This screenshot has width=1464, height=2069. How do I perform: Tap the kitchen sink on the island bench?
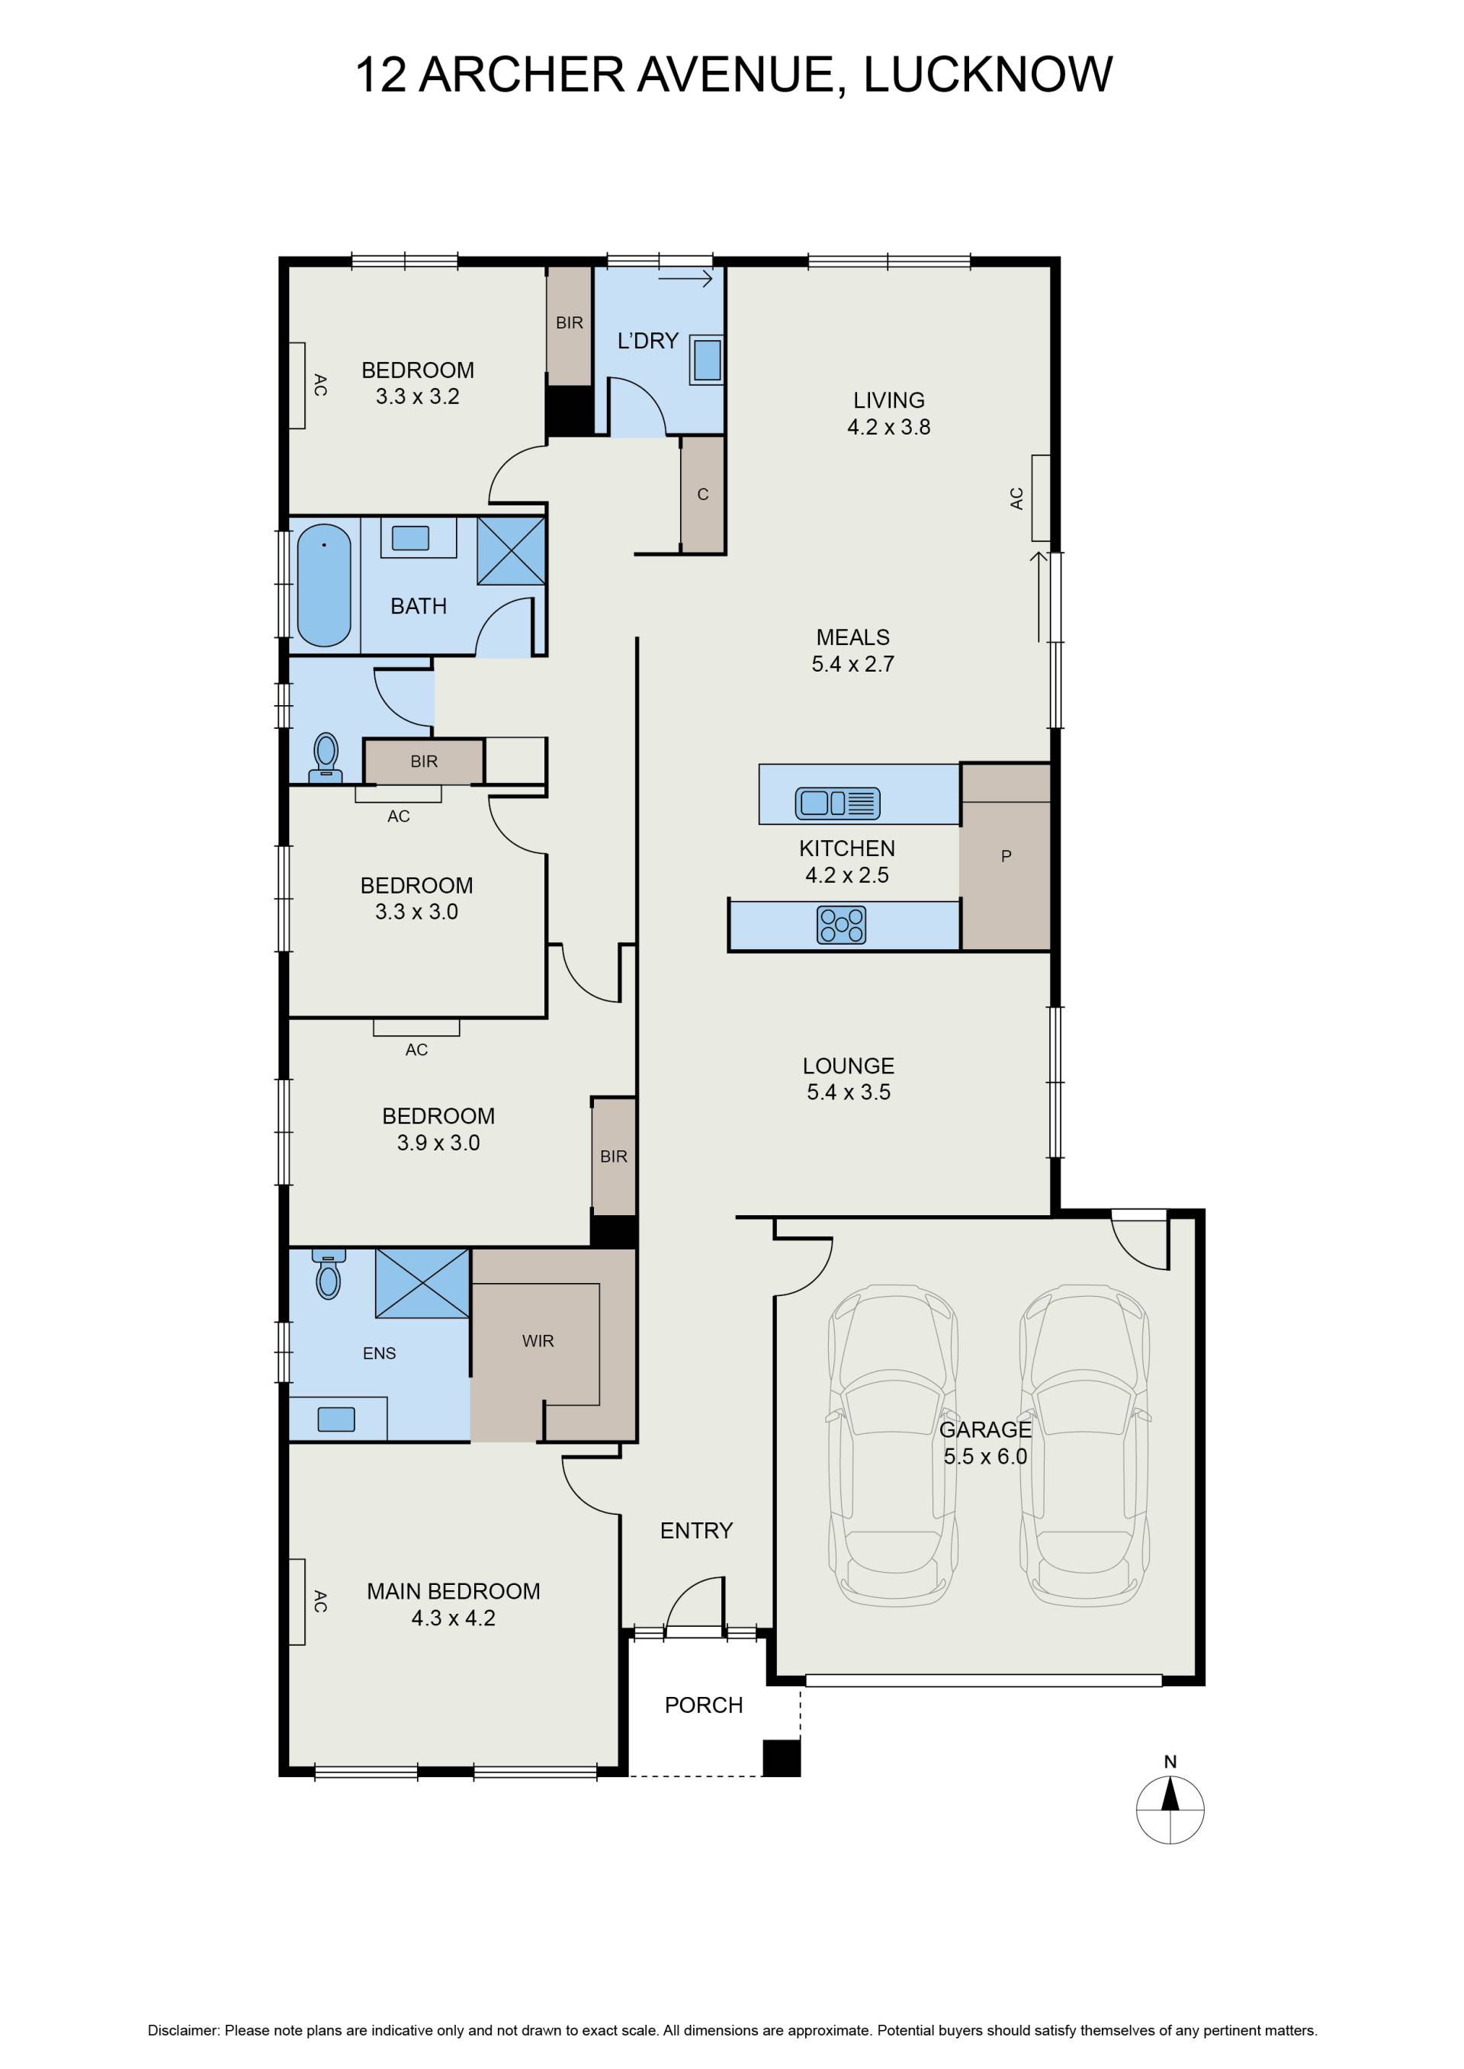point(837,803)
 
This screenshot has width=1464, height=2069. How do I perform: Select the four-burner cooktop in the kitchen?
point(841,925)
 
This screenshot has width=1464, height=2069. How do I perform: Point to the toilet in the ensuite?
point(328,1274)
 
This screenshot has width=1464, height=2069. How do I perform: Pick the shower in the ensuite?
point(422,1282)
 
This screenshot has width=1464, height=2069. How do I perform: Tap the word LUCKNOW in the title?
point(988,74)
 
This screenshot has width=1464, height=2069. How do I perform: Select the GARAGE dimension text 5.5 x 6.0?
point(985,1456)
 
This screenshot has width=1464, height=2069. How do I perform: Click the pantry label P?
point(1006,856)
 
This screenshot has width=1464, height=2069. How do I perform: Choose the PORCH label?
point(703,1705)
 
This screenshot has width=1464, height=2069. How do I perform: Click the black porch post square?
point(782,1758)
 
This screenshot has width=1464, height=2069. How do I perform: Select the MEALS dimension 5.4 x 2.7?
point(852,664)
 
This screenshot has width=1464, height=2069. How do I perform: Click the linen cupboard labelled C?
point(703,494)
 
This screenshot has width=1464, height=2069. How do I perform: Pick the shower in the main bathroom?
point(511,550)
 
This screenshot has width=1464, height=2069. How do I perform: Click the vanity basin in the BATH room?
point(410,538)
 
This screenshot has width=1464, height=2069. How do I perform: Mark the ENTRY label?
point(696,1530)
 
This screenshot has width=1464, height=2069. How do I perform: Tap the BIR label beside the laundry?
point(570,322)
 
